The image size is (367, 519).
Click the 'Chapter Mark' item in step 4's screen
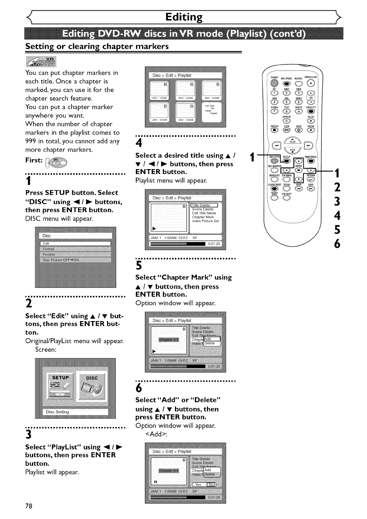[x=203, y=217]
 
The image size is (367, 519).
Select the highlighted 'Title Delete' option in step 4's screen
[x=201, y=205]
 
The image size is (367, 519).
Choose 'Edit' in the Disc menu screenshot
[x=75, y=243]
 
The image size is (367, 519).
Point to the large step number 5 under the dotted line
[x=139, y=266]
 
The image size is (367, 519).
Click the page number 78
[x=29, y=506]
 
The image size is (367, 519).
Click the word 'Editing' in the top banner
[x=184, y=17]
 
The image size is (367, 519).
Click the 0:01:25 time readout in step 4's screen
[x=214, y=244]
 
